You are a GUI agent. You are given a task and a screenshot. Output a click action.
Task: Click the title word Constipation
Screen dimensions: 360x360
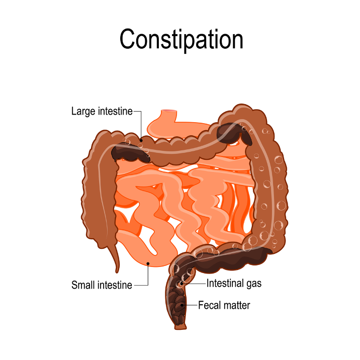pos(181,39)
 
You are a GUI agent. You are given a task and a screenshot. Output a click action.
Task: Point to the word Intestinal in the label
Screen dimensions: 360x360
pos(224,284)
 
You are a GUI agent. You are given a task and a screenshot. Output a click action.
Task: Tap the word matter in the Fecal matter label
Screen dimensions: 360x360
pos(236,305)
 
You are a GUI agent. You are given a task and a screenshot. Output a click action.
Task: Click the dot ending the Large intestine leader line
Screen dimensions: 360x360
pos(141,140)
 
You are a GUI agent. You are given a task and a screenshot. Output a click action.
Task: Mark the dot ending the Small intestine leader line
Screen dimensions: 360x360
pos(148,262)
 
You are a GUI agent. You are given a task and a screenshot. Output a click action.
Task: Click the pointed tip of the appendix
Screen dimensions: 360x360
pos(116,271)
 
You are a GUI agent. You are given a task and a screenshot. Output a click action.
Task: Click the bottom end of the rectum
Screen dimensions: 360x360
pos(179,327)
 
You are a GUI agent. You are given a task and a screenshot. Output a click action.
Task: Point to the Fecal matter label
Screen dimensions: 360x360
pos(224,305)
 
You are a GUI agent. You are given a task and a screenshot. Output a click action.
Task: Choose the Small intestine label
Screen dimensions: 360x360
pos(102,285)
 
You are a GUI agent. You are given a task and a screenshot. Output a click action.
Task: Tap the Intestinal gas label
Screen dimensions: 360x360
pos(234,284)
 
